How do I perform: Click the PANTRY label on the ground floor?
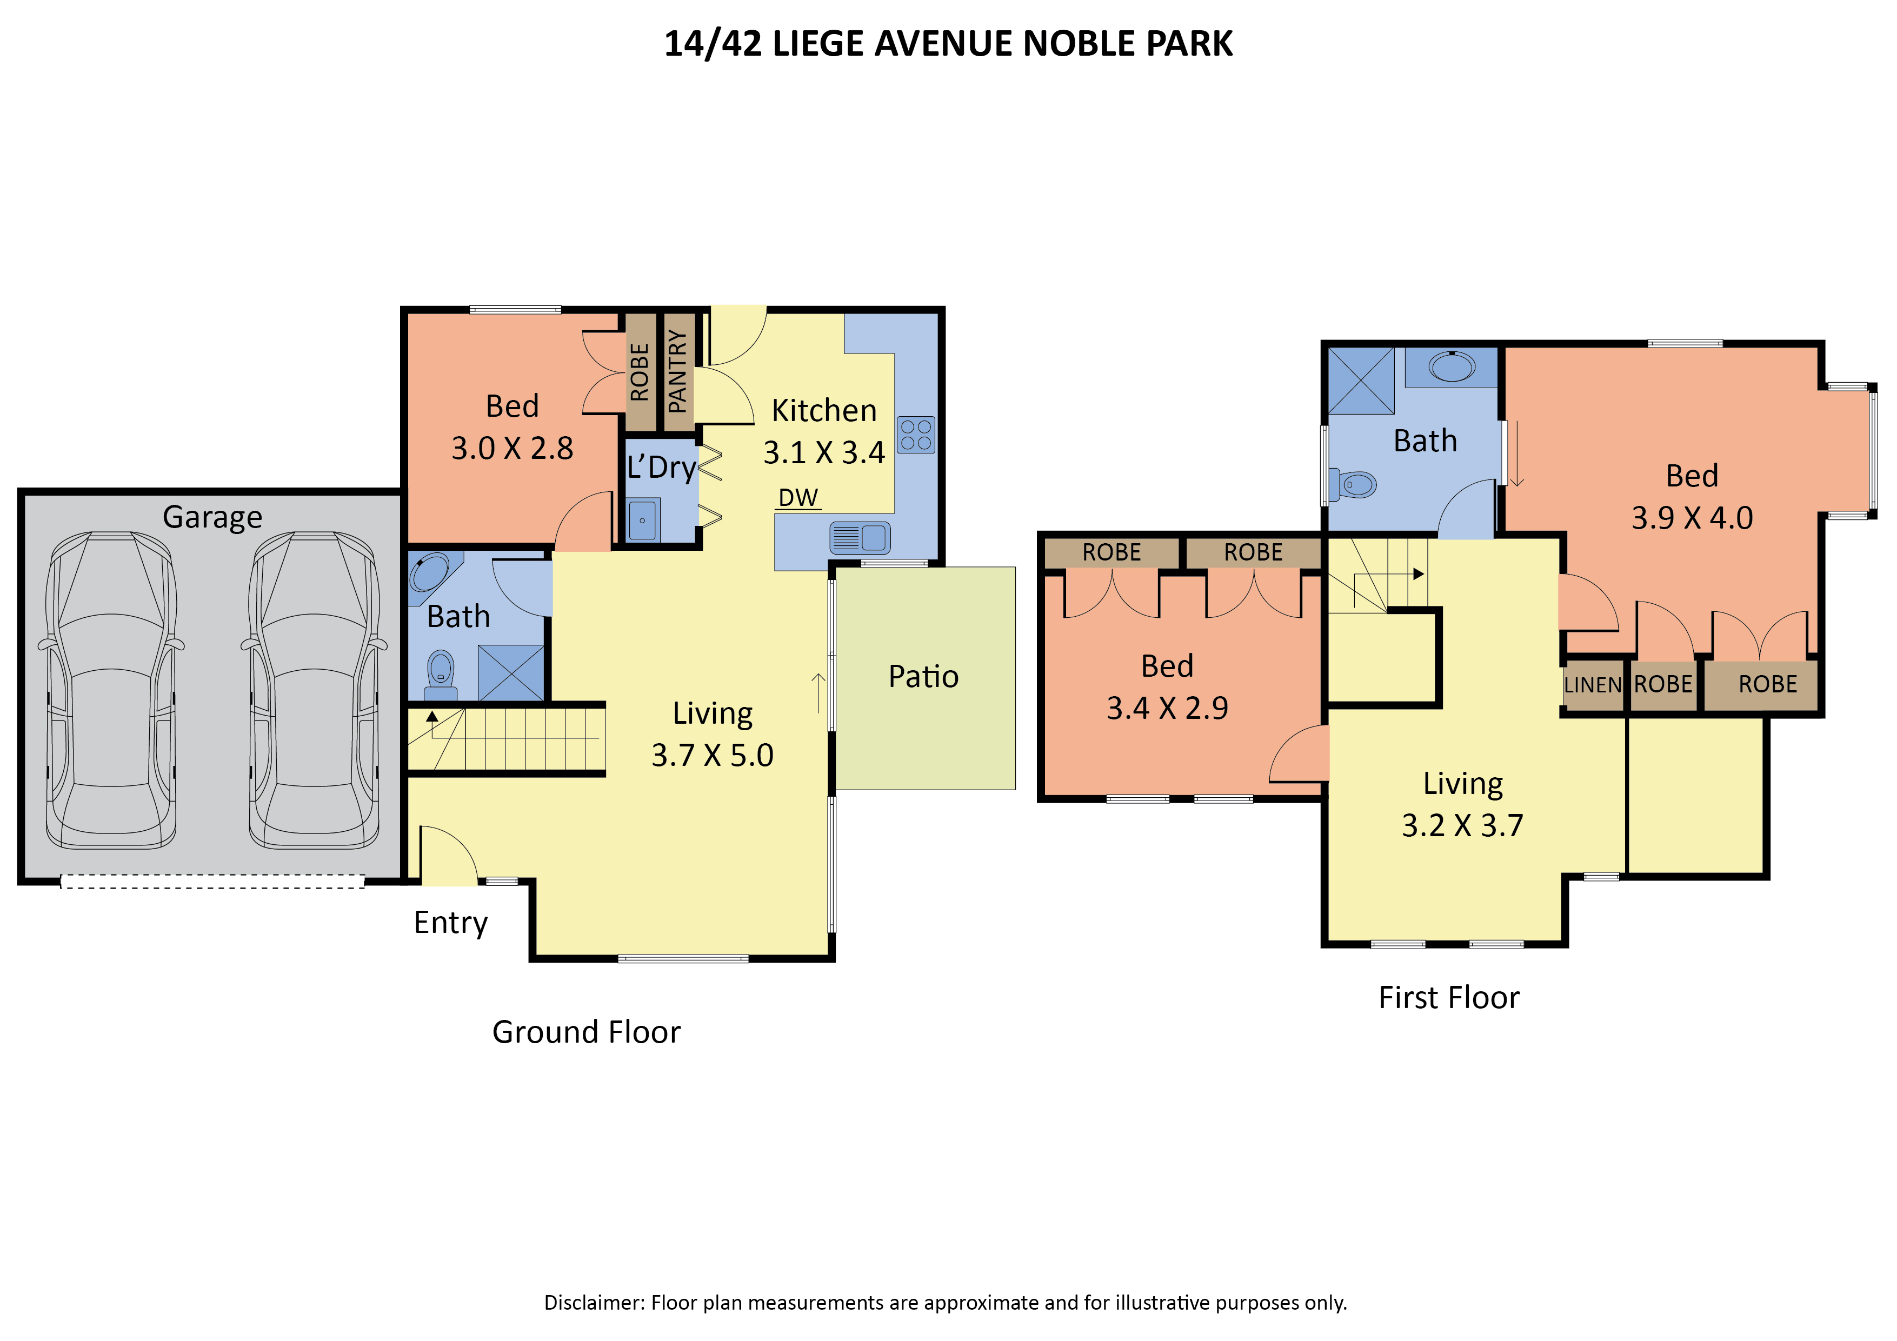[677, 371]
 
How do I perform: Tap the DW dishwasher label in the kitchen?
[798, 497]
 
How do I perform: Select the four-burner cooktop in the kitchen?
[916, 435]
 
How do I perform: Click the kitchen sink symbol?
[860, 538]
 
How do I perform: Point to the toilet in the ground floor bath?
[441, 675]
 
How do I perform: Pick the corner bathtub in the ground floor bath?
[430, 572]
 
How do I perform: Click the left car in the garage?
[111, 690]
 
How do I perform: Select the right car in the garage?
[314, 690]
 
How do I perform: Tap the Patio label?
[924, 677]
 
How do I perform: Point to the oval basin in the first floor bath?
[1452, 366]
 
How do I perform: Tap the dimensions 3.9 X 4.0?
[1692, 518]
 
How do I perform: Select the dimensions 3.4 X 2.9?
[1168, 708]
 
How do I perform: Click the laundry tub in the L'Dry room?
[643, 520]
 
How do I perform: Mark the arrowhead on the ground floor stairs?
[432, 716]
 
